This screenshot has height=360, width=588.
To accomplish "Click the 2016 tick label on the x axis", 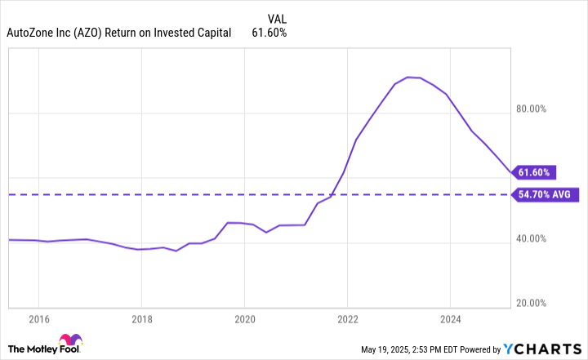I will pos(39,320).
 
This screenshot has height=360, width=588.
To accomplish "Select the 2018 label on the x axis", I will pos(142,320).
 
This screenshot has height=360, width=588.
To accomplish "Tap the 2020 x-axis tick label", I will pos(245,320).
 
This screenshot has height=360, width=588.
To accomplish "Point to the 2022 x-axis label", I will pos(348,320).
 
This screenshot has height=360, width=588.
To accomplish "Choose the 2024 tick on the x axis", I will pos(451,320).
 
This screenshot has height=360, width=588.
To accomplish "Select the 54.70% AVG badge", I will pos(546,194).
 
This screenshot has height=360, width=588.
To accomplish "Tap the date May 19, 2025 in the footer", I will pos(391,350).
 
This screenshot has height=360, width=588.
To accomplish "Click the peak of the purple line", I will pos(408,77).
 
